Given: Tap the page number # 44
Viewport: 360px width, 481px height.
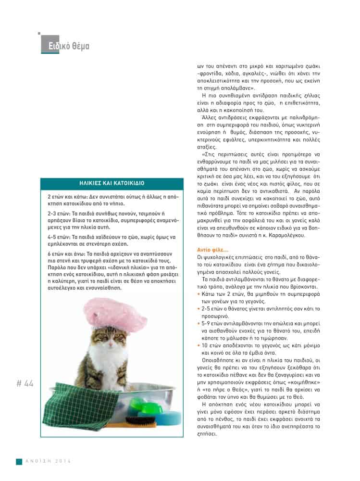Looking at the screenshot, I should pyautogui.click(x=25, y=383).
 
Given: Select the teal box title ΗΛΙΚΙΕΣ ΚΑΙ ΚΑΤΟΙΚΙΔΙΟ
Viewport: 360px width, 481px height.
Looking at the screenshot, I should pyautogui.click(x=112, y=183).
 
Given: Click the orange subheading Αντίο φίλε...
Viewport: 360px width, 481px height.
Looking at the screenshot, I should pyautogui.click(x=212, y=249).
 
